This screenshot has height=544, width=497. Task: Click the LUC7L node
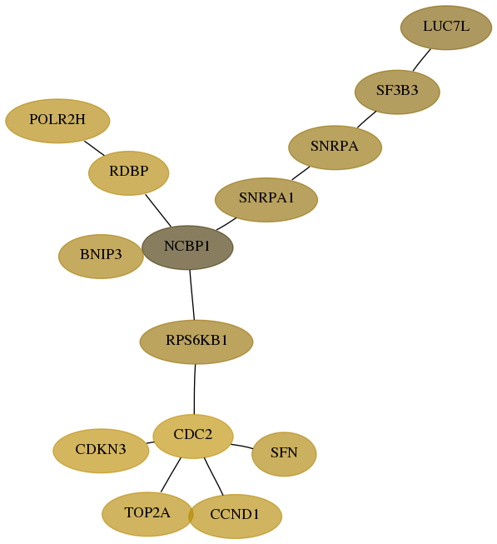[x=445, y=27]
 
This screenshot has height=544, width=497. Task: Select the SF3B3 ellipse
[x=397, y=92]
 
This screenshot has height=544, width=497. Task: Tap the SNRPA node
[x=335, y=147]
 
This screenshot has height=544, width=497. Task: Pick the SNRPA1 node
[x=266, y=199]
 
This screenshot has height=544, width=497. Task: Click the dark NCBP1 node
[x=187, y=247]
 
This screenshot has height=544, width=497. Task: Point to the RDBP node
[x=128, y=172]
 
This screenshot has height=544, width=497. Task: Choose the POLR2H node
[x=57, y=121]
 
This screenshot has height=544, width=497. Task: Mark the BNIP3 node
[x=101, y=256]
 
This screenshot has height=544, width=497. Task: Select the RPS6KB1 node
[x=196, y=342]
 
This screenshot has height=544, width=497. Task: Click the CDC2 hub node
[x=193, y=436]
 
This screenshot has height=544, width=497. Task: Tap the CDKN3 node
[x=101, y=451]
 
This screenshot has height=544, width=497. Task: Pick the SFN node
[x=284, y=454]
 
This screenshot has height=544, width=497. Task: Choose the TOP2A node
[x=147, y=514]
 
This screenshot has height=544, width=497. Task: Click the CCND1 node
[x=235, y=517]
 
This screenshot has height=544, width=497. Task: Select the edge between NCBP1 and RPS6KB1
[x=192, y=295]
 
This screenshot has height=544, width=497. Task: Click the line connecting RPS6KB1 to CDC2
[x=195, y=389]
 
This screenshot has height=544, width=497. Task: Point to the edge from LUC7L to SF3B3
[x=422, y=60]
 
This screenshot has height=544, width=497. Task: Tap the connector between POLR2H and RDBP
[x=94, y=148]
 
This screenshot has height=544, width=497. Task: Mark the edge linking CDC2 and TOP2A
[x=171, y=475]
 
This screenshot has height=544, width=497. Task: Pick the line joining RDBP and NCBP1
[x=158, y=211]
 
